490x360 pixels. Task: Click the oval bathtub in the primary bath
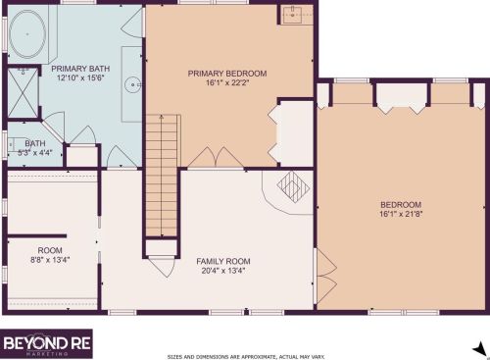pyautogui.click(x=26, y=35)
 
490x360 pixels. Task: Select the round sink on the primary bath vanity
pyautogui.click(x=130, y=84)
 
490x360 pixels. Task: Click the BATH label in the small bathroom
pyautogui.click(x=21, y=143)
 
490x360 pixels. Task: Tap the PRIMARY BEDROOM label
pyautogui.click(x=227, y=73)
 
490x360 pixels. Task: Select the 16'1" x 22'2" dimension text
pyautogui.click(x=227, y=83)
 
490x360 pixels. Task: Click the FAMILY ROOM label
pyautogui.click(x=223, y=261)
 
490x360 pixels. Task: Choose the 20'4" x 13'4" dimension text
pyautogui.click(x=223, y=271)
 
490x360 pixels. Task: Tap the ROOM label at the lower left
pyautogui.click(x=49, y=249)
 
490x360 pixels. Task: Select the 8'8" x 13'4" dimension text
pyautogui.click(x=49, y=259)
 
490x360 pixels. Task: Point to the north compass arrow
pyautogui.click(x=479, y=348)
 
